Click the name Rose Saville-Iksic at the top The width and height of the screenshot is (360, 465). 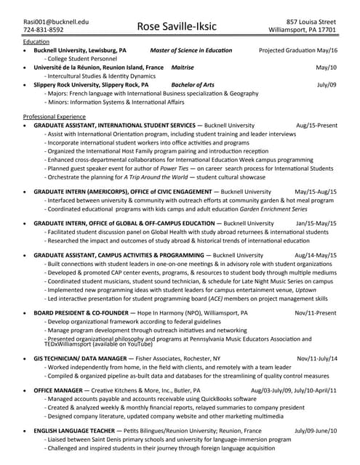point(179,26)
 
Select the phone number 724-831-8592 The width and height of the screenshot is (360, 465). point(44,31)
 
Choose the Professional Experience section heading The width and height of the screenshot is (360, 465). point(55,116)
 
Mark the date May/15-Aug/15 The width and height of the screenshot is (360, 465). point(315,192)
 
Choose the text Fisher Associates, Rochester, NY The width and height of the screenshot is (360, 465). point(180,358)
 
